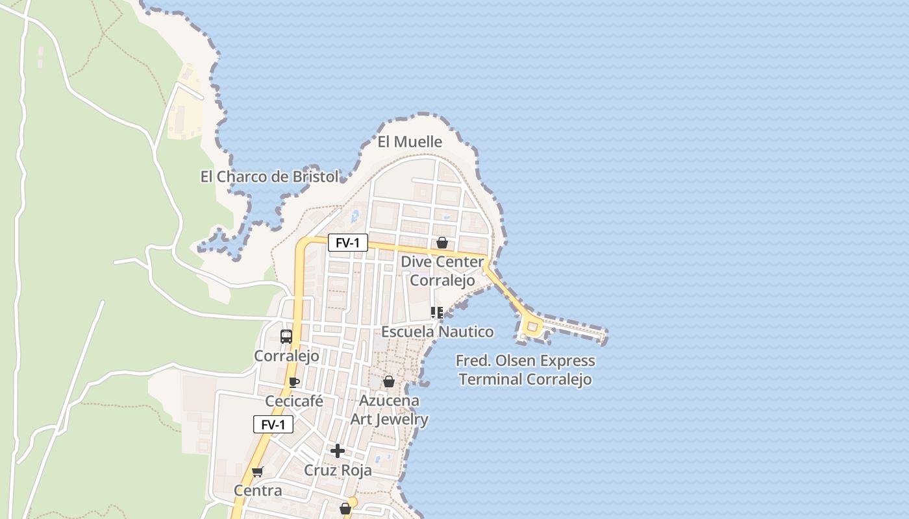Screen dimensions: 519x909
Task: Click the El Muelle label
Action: point(410,141)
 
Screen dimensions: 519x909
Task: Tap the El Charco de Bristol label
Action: point(269,176)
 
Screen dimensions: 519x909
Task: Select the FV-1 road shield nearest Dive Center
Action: point(347,243)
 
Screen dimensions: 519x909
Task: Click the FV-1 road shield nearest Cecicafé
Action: point(273,425)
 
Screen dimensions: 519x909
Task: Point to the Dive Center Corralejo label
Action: point(442,271)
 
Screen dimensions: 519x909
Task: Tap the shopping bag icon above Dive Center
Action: point(442,243)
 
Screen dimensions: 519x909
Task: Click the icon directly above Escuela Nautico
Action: point(437,313)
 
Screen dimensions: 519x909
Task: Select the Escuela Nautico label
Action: point(437,332)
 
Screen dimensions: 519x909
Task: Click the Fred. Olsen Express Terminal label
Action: point(525,370)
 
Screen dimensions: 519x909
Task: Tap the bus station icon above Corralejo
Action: point(286,337)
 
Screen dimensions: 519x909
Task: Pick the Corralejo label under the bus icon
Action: point(286,356)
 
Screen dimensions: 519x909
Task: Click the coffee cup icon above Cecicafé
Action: point(294,382)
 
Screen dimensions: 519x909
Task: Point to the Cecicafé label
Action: point(294,401)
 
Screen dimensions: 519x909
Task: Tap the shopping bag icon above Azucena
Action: point(389,381)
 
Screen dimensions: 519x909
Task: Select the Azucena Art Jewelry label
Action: point(389,410)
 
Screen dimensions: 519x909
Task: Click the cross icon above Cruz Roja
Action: point(338,451)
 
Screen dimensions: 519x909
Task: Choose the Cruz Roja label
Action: point(338,470)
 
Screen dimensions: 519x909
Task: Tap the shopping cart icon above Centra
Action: point(258,472)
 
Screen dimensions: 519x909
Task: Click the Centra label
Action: point(258,490)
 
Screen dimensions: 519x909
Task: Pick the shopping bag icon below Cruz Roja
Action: point(345,509)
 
